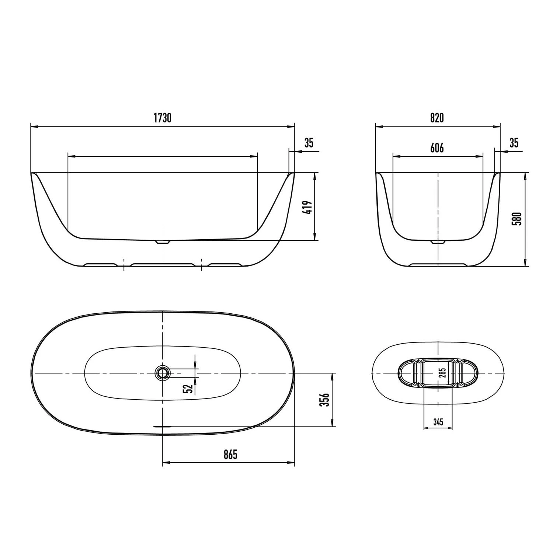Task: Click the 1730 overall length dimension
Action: click(163, 118)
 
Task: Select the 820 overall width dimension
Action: click(437, 118)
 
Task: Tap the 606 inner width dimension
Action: click(437, 148)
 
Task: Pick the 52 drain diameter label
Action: click(188, 388)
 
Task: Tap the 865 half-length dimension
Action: click(230, 455)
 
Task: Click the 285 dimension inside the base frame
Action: click(444, 373)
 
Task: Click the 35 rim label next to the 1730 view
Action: click(309, 143)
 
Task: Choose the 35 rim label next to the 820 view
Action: click(514, 143)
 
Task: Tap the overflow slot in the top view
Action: click(163, 426)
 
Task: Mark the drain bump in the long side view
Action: click(162, 242)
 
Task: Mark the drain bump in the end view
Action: click(438, 243)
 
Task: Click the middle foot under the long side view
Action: click(163, 265)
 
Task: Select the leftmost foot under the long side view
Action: click(101, 265)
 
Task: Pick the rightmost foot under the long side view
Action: click(225, 265)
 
